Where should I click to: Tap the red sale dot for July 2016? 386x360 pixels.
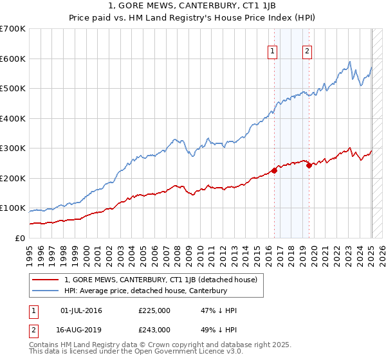(274, 170)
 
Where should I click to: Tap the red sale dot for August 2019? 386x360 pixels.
(309, 165)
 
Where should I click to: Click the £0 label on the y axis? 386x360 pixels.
(20, 238)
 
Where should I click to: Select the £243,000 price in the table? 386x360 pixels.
(154, 329)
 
